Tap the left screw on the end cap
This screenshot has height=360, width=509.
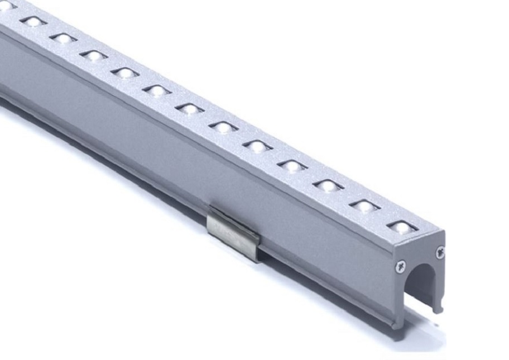pyautogui.click(x=400, y=266)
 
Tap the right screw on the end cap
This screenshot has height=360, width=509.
pyautogui.click(x=440, y=253)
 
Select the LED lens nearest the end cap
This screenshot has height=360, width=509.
pyautogui.click(x=401, y=227)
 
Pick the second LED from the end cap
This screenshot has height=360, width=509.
pyautogui.click(x=364, y=206)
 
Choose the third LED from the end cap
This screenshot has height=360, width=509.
pyautogui.click(x=328, y=185)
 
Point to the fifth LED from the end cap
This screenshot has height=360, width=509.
pyautogui.click(x=257, y=146)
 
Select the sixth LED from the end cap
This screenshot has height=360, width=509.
pyautogui.click(x=223, y=127)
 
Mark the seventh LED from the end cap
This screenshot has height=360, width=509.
pyautogui.click(x=190, y=108)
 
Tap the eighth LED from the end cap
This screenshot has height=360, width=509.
pyautogui.click(x=157, y=90)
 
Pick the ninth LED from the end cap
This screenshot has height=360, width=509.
pyautogui.click(x=124, y=73)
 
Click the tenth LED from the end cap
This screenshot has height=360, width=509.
pyautogui.click(x=93, y=55)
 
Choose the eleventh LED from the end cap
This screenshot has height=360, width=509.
pyautogui.click(x=63, y=38)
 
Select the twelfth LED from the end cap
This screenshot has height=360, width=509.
pyautogui.click(x=33, y=21)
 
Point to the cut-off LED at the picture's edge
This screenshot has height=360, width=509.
pyautogui.click(x=6, y=6)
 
